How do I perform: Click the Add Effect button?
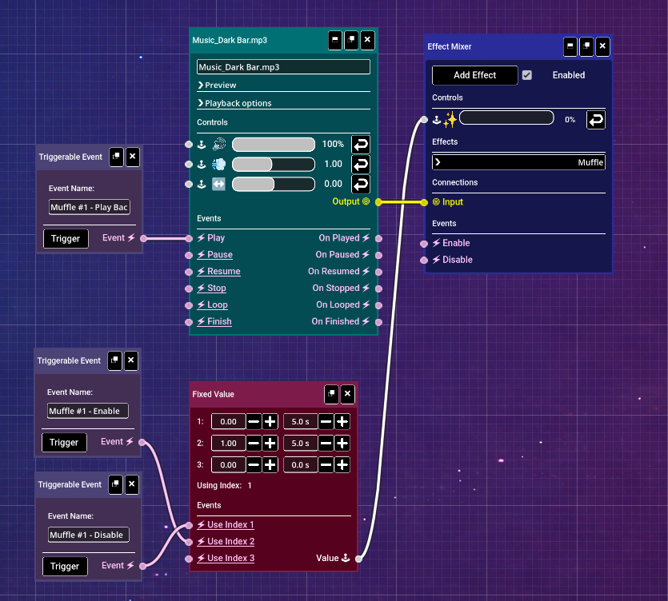(x=474, y=75)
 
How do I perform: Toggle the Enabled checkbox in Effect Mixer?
(x=526, y=75)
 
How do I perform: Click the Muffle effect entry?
(x=518, y=162)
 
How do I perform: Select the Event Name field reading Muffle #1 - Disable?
(x=87, y=535)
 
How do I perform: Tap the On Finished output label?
(x=335, y=321)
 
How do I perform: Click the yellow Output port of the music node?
(x=378, y=202)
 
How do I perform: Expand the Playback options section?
(x=238, y=103)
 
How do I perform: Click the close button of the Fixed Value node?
(x=347, y=394)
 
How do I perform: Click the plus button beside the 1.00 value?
(x=270, y=443)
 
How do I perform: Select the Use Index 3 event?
(x=230, y=558)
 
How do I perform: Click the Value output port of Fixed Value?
(x=358, y=559)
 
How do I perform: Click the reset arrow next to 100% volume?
(x=361, y=145)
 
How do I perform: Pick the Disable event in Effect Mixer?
(x=457, y=260)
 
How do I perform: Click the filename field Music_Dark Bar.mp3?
(x=283, y=67)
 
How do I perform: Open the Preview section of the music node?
(x=220, y=86)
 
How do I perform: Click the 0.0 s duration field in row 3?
(x=300, y=464)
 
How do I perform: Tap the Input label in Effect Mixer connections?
(x=452, y=202)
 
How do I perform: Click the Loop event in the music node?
(x=217, y=304)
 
